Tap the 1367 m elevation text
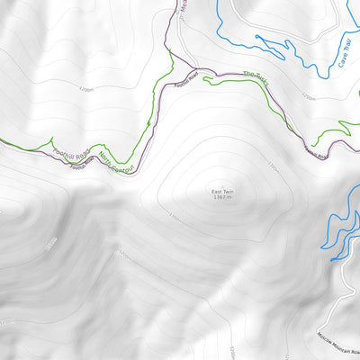click(223, 198)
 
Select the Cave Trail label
click(343, 53)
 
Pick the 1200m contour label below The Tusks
click(309, 95)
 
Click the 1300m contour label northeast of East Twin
click(274, 165)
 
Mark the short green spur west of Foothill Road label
click(36, 145)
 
